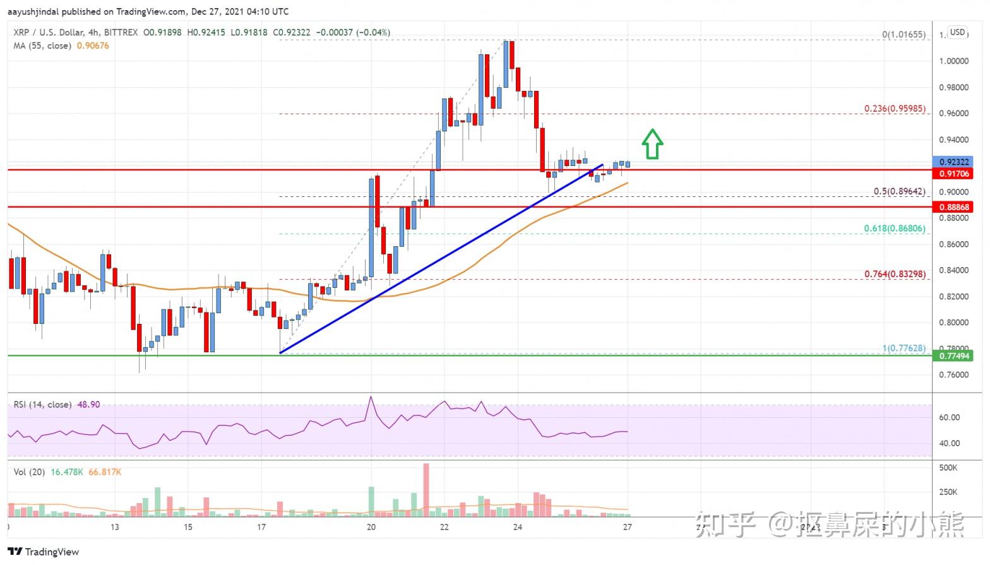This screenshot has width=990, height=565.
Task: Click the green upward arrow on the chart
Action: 652,144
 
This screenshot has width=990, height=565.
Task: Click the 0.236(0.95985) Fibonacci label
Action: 895,109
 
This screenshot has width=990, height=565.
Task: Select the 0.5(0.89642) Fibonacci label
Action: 899,191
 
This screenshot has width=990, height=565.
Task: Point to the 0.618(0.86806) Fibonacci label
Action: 895,229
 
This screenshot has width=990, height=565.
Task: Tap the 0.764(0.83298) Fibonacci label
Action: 895,274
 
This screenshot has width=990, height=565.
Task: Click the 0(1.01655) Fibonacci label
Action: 904,35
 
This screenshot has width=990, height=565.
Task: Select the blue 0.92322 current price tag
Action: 953,162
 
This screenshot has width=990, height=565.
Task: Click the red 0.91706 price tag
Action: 953,173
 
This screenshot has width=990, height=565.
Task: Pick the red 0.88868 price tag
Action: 953,207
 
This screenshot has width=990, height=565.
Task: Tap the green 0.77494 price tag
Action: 953,356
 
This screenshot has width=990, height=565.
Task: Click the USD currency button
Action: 958,32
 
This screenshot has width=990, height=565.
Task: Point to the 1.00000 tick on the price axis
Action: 953,61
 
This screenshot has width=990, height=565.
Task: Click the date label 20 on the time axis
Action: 371,527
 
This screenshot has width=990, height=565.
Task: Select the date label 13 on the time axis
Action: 115,527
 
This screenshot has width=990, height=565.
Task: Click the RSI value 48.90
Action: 88,405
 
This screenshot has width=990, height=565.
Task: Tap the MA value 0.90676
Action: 93,45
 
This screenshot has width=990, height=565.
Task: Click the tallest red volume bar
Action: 426,490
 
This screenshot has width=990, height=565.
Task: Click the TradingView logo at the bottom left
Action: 44,552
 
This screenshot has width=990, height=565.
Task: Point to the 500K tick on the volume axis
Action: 948,468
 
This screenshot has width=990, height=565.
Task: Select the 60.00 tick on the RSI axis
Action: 950,417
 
